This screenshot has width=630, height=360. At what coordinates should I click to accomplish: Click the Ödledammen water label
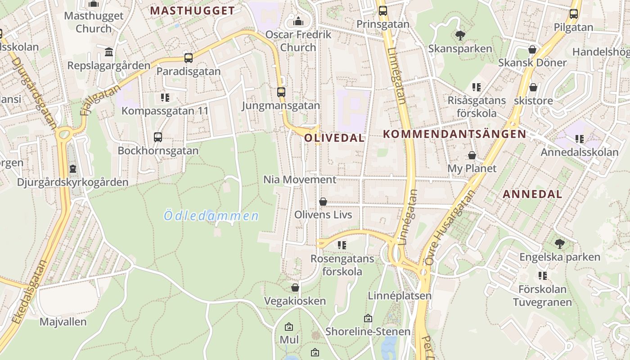[x=211, y=216]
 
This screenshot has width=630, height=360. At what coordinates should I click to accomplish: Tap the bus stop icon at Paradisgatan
[x=189, y=58]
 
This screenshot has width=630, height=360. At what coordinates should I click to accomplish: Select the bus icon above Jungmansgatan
[x=281, y=92]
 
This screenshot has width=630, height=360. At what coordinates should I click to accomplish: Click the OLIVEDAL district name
[x=334, y=138]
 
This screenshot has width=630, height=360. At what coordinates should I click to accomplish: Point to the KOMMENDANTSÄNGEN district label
[x=454, y=134]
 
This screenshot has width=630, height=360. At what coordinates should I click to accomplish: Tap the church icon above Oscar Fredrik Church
[x=298, y=21]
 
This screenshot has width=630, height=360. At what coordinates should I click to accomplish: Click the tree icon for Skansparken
[x=460, y=35]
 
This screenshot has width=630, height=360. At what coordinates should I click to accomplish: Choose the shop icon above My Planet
[x=472, y=155]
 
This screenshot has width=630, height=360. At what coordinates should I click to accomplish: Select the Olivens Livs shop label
[x=323, y=215]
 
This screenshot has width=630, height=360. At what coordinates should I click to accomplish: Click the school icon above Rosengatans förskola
[x=342, y=245]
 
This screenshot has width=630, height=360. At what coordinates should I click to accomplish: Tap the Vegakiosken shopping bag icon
[x=295, y=288]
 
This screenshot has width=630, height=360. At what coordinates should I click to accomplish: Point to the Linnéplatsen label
[x=400, y=296]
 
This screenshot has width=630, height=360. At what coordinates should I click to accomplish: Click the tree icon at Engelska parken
[x=560, y=244]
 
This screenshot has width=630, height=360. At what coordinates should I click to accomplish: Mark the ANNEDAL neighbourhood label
[x=532, y=194]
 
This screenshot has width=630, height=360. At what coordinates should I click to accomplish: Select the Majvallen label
[x=63, y=322]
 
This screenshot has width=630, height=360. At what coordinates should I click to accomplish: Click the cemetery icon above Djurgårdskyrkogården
[x=73, y=169]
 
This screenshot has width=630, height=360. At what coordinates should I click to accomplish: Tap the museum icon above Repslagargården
[x=109, y=52]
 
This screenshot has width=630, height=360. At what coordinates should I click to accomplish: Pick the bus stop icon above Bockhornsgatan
[x=158, y=137]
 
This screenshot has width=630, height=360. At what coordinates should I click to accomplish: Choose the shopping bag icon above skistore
[x=533, y=87]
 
